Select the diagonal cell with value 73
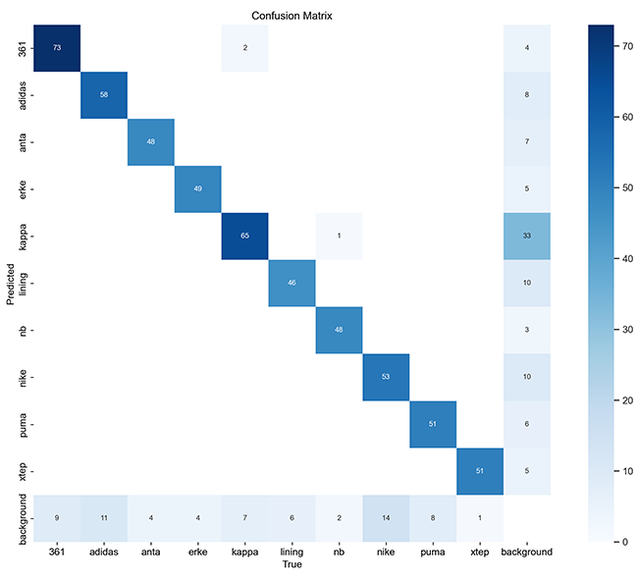tap(56, 47)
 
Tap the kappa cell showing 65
tap(244, 237)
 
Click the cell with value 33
tap(528, 237)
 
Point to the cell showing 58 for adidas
tap(103, 94)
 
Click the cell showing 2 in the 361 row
tap(244, 47)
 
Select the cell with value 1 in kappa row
tap(339, 237)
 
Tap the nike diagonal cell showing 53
tap(386, 377)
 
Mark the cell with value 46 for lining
tap(292, 283)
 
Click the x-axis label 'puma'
tap(433, 553)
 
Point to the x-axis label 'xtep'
tap(480, 553)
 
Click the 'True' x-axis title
tap(292, 566)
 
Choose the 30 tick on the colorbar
tap(622, 328)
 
